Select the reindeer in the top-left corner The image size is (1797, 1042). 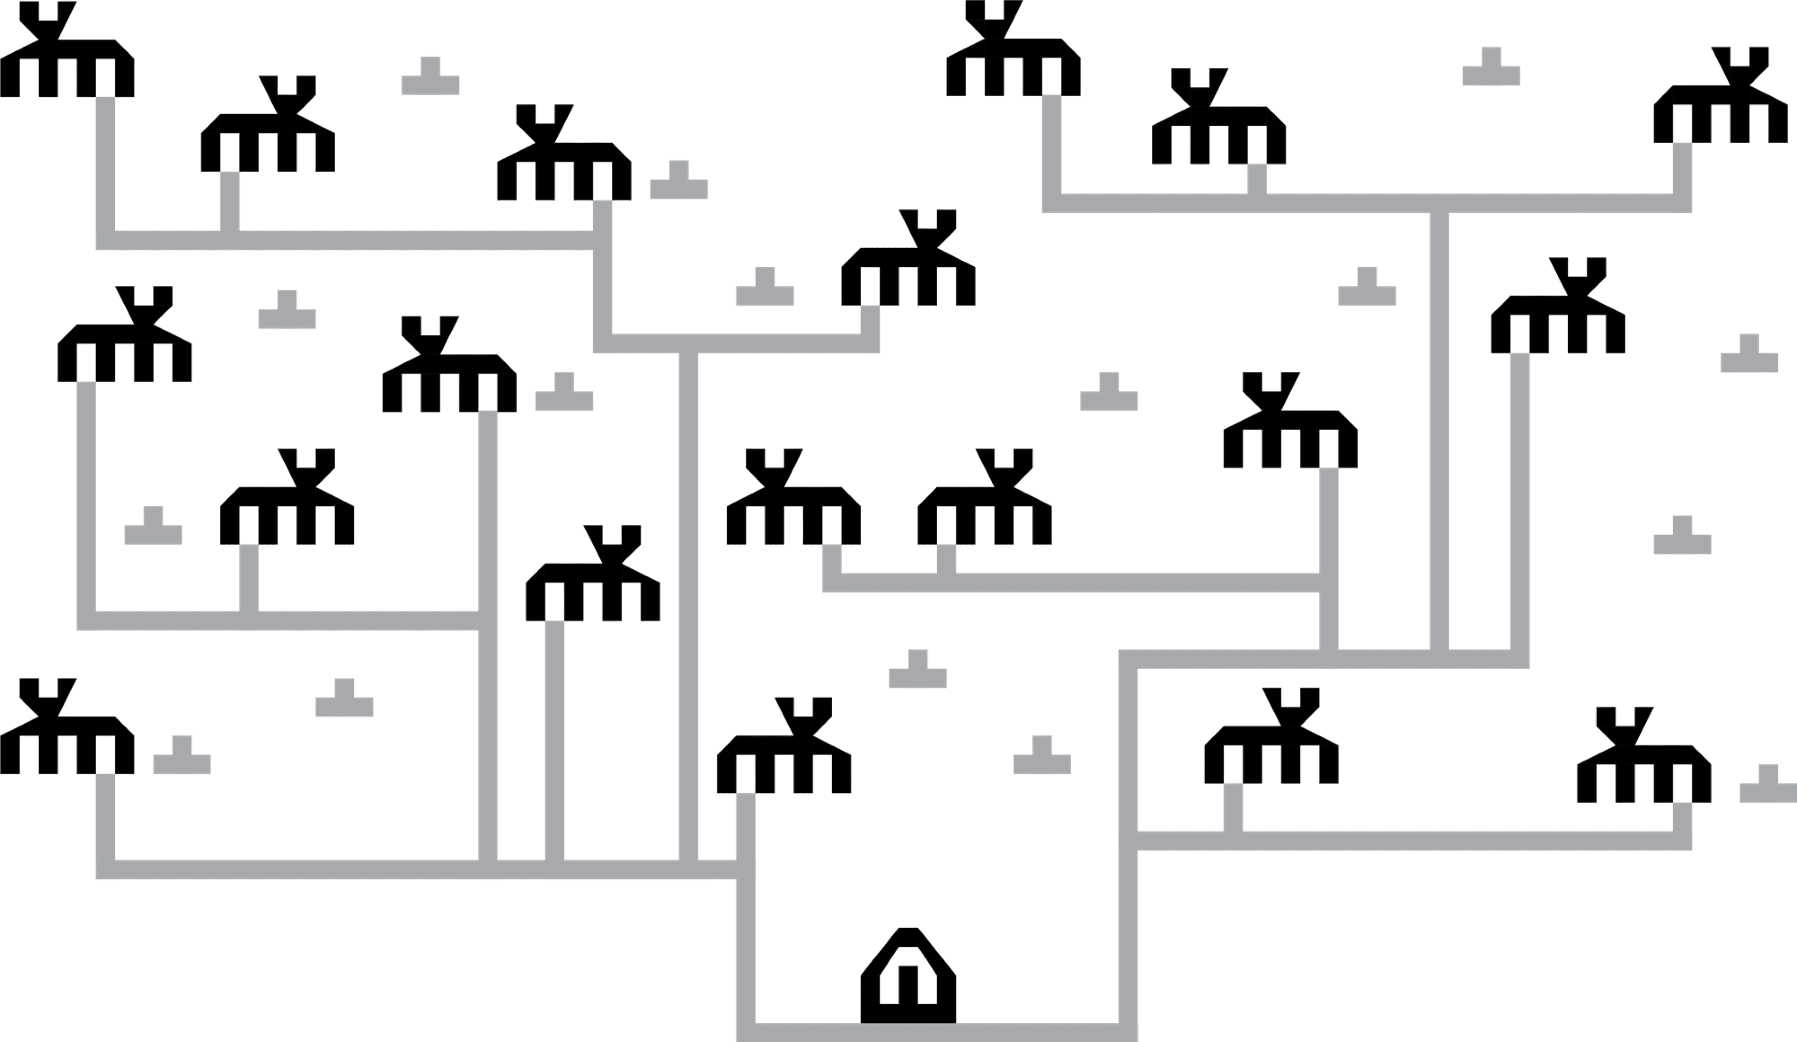[67, 57]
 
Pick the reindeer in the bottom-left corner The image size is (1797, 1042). [67, 735]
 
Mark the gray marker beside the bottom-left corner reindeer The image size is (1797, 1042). [182, 756]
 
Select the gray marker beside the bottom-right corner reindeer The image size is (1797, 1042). [1767, 785]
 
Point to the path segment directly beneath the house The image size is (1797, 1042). [927, 1032]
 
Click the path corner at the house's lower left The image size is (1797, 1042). [746, 1032]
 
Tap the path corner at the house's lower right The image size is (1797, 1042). [1127, 1032]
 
